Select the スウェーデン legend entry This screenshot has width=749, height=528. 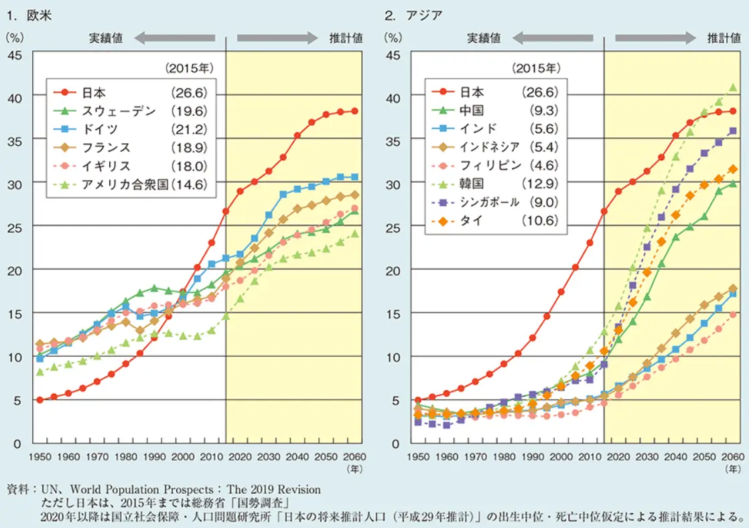pos(119,111)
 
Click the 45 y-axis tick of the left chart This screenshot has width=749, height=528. pos(15,54)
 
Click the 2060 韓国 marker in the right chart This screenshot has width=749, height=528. pos(733,87)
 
